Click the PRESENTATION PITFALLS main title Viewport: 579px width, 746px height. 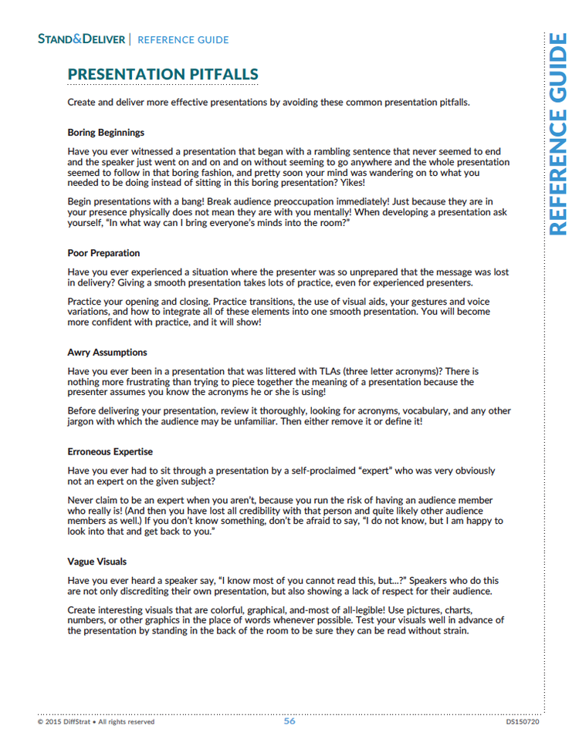pyautogui.click(x=163, y=74)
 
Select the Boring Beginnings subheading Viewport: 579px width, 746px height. pyautogui.click(x=106, y=133)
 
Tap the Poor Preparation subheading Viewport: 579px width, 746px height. pyautogui.click(x=103, y=253)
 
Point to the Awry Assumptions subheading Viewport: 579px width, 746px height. pyautogui.click(x=107, y=353)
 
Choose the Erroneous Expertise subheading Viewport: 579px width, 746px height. pyautogui.click(x=110, y=451)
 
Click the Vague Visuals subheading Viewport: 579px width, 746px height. pyautogui.click(x=97, y=562)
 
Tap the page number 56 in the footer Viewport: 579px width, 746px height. pyautogui.click(x=289, y=721)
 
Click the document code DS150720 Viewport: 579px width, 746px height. pyautogui.click(x=523, y=722)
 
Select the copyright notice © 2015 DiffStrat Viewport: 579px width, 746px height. pyautogui.click(x=96, y=722)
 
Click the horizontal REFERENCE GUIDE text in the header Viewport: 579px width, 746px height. pyautogui.click(x=183, y=39)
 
